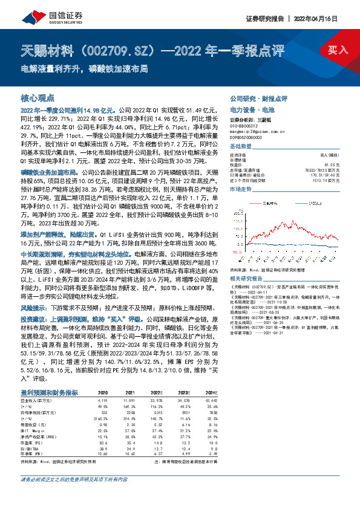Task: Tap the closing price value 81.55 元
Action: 332,164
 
